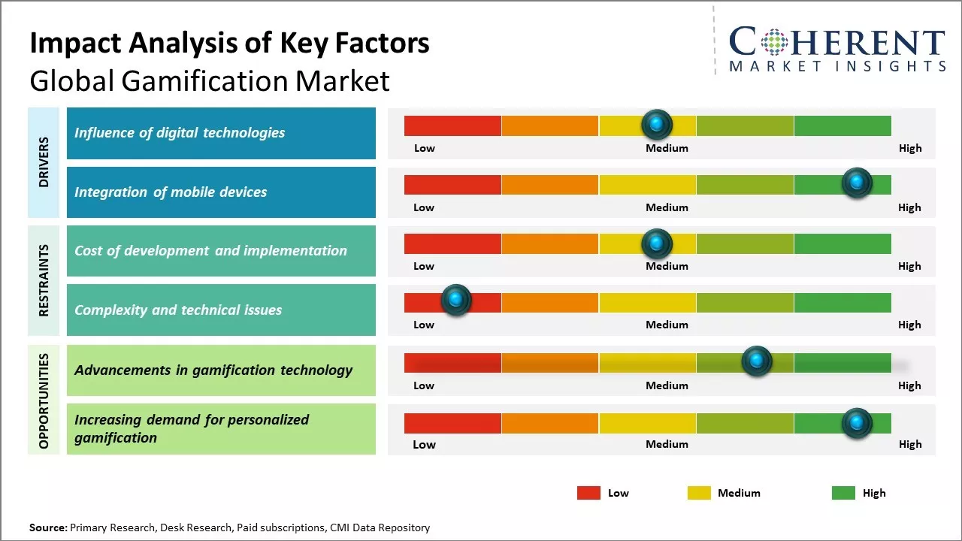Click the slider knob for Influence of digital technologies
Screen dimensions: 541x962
657,123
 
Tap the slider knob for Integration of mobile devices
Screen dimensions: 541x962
856,183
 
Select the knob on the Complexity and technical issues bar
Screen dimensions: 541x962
455,300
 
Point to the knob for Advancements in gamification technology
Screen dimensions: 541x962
756,361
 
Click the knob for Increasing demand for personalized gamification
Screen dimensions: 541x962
856,423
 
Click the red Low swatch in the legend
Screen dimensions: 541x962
588,493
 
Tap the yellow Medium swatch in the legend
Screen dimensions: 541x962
699,493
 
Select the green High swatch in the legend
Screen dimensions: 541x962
843,493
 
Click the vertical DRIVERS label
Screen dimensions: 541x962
44,162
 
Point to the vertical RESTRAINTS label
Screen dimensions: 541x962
44,280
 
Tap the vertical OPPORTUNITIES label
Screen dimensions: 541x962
44,400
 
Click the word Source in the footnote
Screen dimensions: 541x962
47,527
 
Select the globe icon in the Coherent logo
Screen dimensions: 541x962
774,42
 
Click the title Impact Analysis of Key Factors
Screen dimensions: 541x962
229,44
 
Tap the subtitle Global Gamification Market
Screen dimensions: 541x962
210,80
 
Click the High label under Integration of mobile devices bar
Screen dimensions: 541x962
909,207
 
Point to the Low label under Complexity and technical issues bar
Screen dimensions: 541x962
424,325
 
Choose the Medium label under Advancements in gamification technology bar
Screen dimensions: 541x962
667,385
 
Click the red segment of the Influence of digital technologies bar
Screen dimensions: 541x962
452,125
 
